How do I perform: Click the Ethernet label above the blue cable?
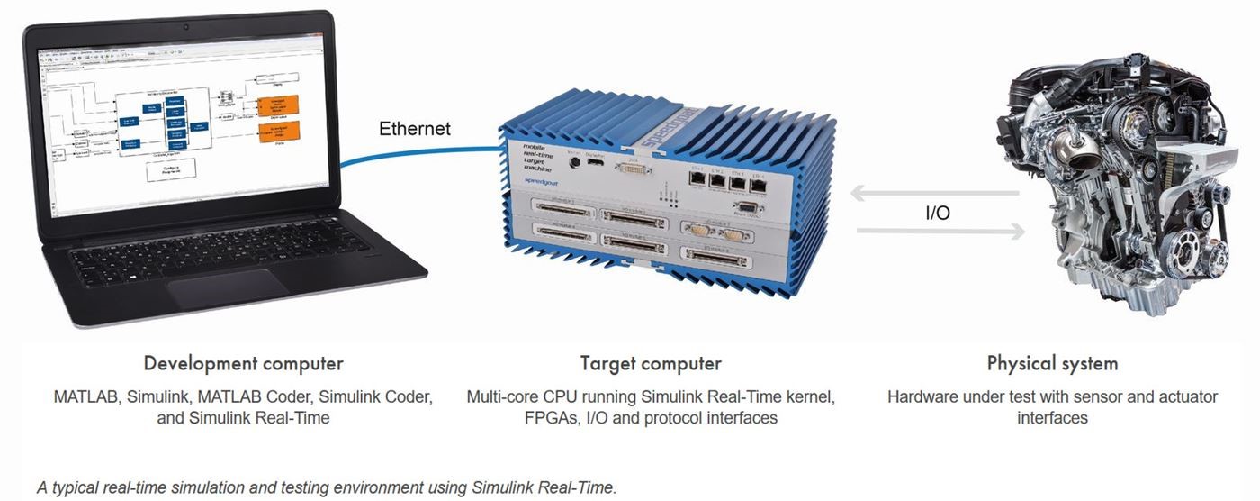415,128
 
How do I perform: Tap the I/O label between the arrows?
938,214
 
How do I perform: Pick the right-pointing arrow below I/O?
940,232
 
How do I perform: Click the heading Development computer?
243,364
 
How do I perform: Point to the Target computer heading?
651,364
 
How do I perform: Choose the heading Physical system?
1052,364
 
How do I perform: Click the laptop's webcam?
186,26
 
